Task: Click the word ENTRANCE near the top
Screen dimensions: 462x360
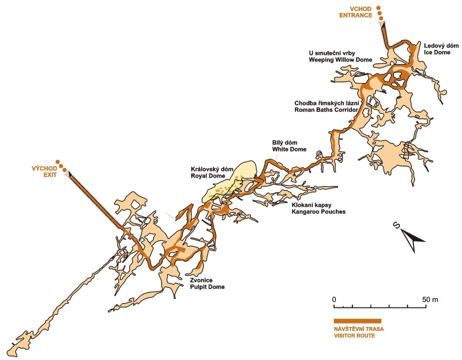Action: point(355,15)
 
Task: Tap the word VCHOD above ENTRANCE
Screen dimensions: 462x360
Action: point(360,9)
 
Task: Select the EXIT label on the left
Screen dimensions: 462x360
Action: point(50,175)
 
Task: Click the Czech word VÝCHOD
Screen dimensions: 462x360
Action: point(44,168)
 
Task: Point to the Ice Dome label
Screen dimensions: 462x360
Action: point(437,52)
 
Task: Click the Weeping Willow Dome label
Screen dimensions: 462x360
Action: point(340,60)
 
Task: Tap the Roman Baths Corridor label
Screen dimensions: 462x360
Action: point(326,110)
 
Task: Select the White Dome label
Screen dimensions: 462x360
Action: point(289,149)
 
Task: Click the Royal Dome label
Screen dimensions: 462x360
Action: point(208,175)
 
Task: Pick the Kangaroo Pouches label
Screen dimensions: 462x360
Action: point(318,211)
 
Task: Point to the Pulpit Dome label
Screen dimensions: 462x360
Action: point(207,286)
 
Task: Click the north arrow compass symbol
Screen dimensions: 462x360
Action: point(412,238)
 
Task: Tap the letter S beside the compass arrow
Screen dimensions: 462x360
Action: point(396,225)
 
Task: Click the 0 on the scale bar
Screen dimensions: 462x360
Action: point(334,299)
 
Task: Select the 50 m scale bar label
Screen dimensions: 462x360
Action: point(430,299)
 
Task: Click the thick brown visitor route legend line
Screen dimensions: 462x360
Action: point(357,321)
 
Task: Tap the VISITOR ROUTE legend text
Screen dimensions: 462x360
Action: point(354,335)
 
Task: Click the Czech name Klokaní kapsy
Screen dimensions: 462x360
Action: point(311,205)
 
